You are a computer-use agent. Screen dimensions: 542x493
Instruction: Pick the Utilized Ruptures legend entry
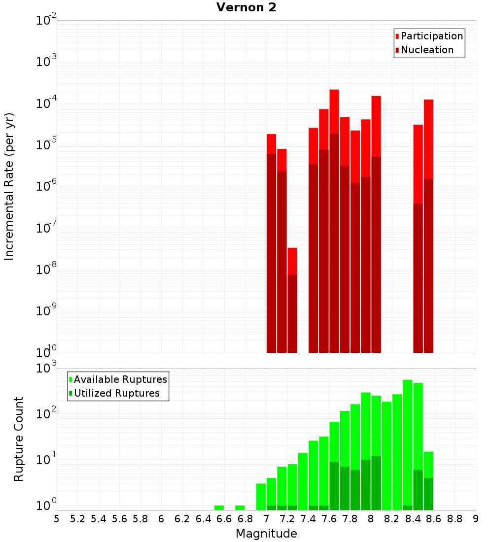pyautogui.click(x=116, y=393)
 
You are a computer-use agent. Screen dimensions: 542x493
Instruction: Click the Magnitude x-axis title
pyautogui.click(x=266, y=534)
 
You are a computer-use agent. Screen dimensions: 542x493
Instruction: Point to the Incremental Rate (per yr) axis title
pyautogui.click(x=9, y=186)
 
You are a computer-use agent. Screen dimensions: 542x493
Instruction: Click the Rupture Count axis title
pyautogui.click(x=18, y=439)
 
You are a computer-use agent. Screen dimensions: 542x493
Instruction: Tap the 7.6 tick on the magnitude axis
pyautogui.click(x=329, y=519)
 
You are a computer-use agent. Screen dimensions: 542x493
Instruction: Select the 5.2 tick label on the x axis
pyautogui.click(x=77, y=519)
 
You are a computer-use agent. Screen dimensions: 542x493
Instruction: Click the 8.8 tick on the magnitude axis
pyautogui.click(x=455, y=519)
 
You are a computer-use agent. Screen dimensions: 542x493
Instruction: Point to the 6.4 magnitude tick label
pyautogui.click(x=203, y=519)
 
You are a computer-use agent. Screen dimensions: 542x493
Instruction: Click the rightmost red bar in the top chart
pyautogui.click(x=428, y=138)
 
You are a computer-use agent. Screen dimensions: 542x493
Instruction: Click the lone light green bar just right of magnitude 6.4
pyautogui.click(x=219, y=508)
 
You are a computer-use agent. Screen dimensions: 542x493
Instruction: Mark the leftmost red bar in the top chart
pyautogui.click(x=271, y=143)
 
